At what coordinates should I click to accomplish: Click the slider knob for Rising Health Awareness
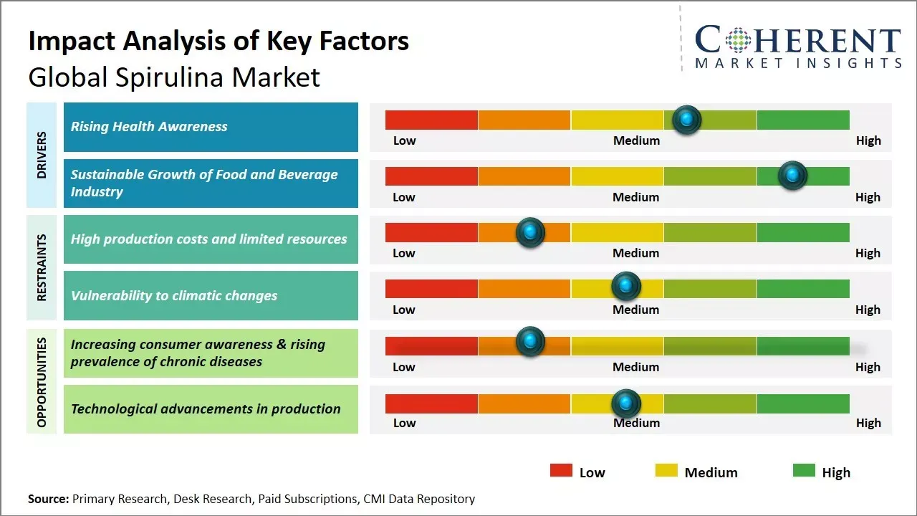pos(687,120)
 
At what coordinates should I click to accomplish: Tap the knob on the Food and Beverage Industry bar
pos(792,176)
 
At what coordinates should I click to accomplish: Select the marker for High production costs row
pos(530,232)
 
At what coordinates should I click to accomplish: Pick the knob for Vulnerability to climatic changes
pos(626,287)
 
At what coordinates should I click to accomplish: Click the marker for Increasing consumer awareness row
pos(530,341)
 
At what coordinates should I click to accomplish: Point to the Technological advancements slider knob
pos(626,403)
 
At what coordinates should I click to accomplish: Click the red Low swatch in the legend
pos(561,471)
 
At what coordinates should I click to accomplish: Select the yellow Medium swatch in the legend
pos(666,471)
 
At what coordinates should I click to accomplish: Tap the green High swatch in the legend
pos(804,471)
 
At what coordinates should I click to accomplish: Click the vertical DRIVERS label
pos(42,154)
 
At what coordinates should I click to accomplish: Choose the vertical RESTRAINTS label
pos(42,267)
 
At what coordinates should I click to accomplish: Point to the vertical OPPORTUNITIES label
pos(42,382)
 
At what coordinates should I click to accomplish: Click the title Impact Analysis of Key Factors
pos(219,42)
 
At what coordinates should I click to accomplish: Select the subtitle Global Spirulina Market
pos(174,77)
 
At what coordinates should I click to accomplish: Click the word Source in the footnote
pos(48,499)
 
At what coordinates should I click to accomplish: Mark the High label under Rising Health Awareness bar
pos(868,140)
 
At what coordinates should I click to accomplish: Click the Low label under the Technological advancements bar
pos(404,423)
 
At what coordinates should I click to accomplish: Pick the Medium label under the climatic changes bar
pos(635,310)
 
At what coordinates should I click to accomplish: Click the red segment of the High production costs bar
pos(431,232)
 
